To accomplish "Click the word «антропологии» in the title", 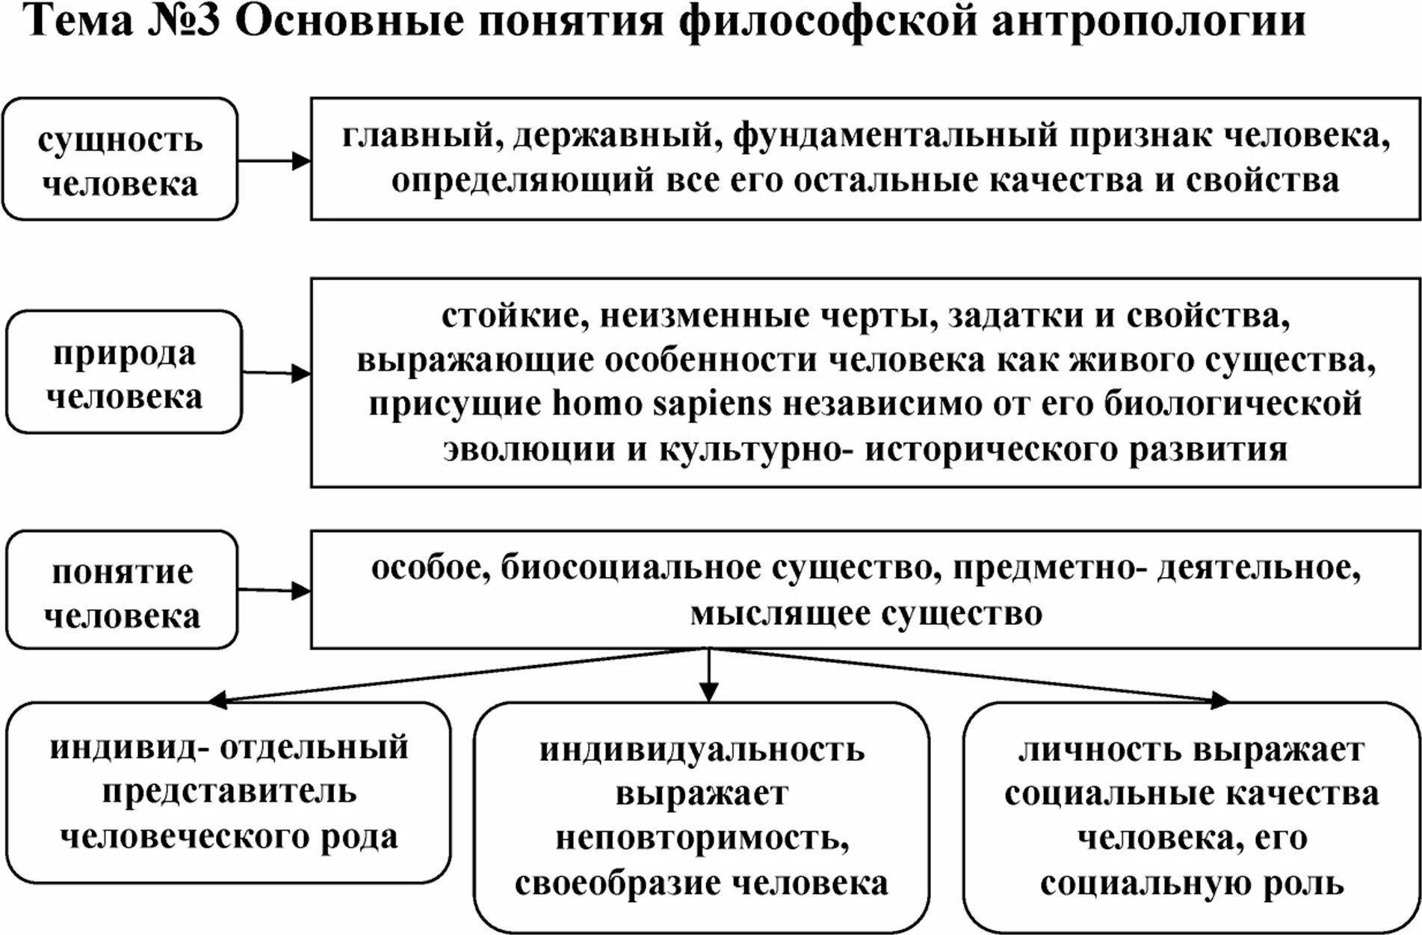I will pos(1149,22).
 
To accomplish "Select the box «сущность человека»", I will pos(120,159).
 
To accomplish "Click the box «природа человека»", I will pos(124,372).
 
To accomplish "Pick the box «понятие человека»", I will pos(122,590).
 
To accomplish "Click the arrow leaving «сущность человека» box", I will pos(273,161).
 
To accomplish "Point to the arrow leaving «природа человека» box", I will pos(276,373).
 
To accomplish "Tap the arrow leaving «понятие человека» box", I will pos(273,590).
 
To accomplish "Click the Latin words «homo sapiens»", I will pos(661,404).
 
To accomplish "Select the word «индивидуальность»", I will pos(702,750).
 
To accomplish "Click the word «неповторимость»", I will pos(702,839).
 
